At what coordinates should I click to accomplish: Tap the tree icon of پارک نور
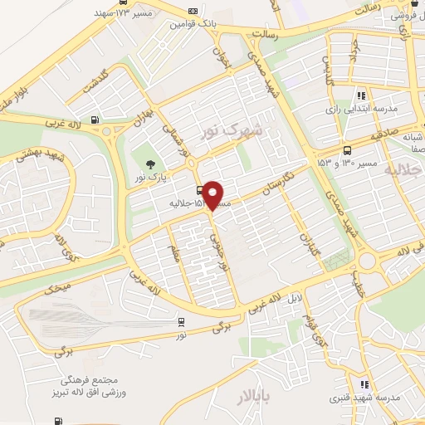tap(150, 164)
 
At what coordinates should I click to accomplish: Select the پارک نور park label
tap(152, 178)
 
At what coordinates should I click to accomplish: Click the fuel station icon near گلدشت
tap(96, 120)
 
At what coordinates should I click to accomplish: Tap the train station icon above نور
tap(181, 321)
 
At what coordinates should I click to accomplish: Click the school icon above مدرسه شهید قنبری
tap(364, 383)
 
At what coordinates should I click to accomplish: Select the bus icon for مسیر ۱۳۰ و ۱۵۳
tap(346, 150)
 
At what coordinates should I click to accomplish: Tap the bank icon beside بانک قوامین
tap(193, 11)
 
